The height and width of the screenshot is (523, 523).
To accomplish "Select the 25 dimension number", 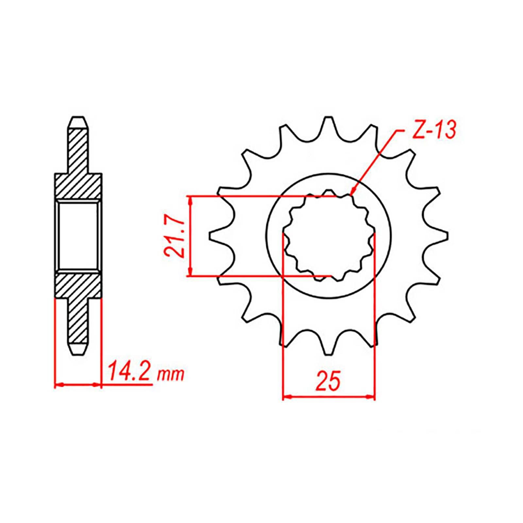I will click(328, 380).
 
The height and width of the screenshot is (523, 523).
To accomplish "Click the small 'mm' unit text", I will click(171, 375).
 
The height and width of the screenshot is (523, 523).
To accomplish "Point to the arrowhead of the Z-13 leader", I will click(352, 193).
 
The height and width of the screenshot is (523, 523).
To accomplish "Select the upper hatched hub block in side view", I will click(78, 186).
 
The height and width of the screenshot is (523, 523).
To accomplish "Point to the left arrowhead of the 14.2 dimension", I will click(58, 385).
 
